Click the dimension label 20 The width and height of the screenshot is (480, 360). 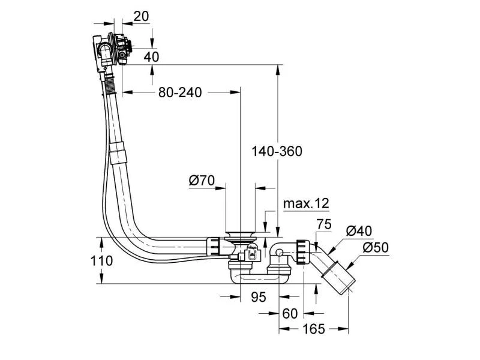point(141,17)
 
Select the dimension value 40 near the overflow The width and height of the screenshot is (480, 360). point(152,57)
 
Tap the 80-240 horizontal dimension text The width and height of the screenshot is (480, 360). point(179,92)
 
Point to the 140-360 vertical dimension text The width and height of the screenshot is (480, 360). point(277,151)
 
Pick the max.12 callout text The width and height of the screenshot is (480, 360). point(306,204)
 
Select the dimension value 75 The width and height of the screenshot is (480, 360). point(324,225)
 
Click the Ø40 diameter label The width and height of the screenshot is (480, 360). point(359,230)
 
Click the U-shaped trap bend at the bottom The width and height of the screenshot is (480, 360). point(258,278)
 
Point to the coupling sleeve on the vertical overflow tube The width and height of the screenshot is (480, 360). point(119,151)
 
